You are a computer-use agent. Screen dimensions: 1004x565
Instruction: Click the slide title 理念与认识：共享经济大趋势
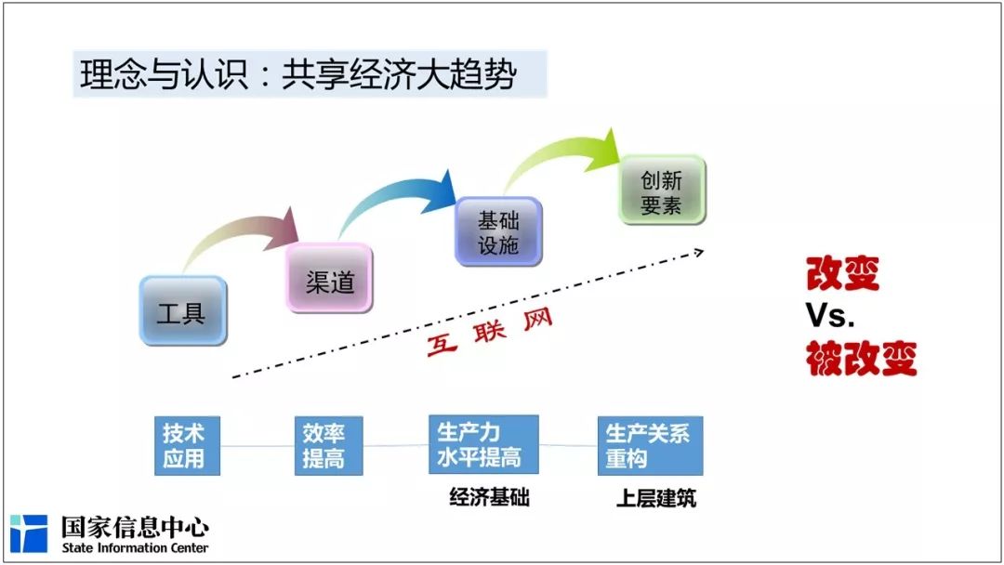[298, 74]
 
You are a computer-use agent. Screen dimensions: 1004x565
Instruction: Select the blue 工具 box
[183, 311]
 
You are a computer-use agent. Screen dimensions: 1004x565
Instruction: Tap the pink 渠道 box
[329, 279]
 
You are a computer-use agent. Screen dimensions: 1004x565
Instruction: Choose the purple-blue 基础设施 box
[498, 231]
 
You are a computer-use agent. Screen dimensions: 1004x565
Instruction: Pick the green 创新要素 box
[662, 191]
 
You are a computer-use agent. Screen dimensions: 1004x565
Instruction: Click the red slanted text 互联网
[489, 333]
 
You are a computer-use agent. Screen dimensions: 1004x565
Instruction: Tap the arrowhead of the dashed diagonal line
[699, 253]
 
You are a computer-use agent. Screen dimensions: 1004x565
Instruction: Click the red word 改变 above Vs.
[842, 273]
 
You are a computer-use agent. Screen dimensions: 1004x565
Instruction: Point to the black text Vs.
[830, 315]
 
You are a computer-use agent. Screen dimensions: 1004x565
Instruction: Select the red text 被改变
[861, 358]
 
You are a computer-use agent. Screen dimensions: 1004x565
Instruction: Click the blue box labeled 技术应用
[187, 446]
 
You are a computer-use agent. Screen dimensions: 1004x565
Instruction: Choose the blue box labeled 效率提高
[328, 446]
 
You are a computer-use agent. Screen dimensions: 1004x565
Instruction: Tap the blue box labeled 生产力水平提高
[483, 445]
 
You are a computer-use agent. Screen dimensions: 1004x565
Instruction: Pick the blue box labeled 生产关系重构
[650, 446]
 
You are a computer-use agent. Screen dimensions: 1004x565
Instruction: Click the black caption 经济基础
[489, 498]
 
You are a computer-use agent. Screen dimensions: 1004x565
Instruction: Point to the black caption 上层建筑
[655, 498]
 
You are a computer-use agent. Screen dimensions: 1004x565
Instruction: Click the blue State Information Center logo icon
[29, 533]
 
